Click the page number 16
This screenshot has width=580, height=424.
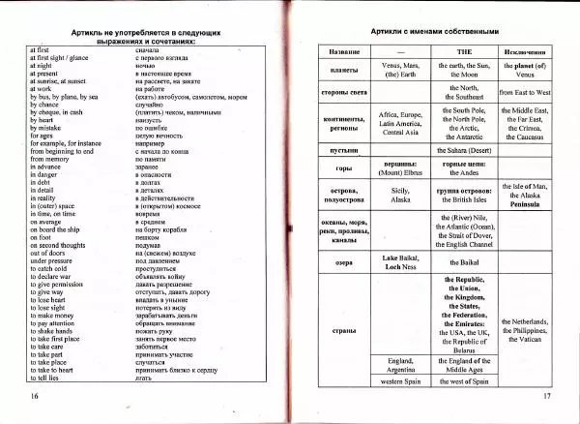(34, 397)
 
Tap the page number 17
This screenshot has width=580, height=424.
(546, 397)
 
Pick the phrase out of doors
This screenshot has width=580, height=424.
(51, 252)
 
